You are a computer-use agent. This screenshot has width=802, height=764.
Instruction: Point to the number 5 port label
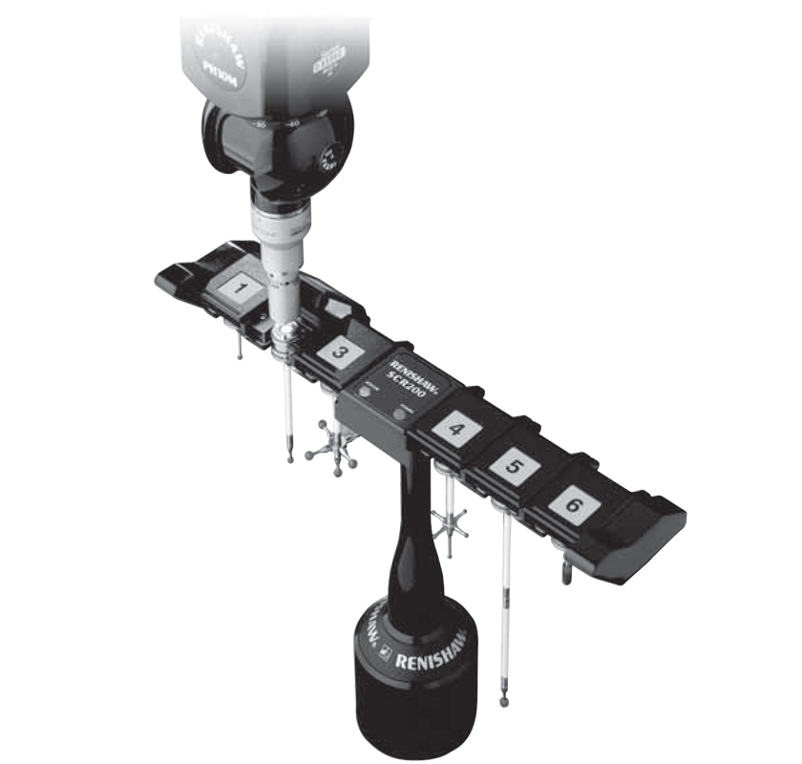[514, 468]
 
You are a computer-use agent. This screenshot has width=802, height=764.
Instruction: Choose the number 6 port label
[572, 504]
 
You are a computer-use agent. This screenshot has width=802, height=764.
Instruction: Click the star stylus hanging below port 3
[332, 449]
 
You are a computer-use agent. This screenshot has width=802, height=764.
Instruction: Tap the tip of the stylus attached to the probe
[290, 459]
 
